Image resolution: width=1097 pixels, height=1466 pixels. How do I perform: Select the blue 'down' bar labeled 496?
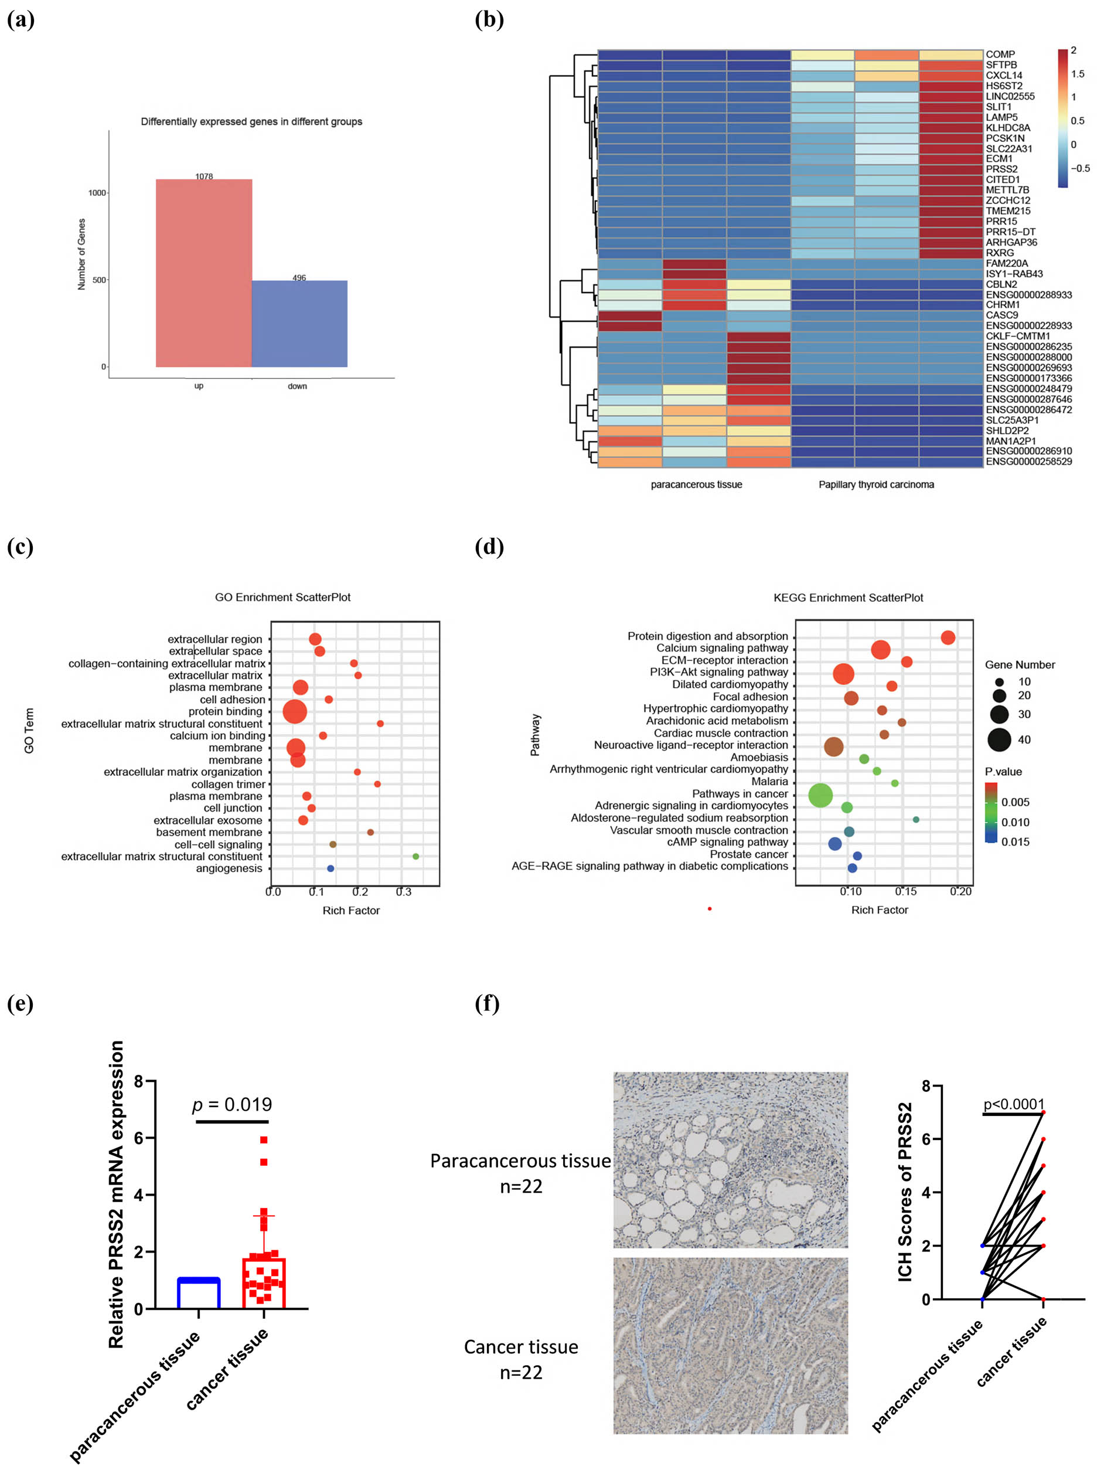pyautogui.click(x=299, y=324)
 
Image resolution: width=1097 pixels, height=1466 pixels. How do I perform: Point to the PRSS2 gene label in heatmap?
pyautogui.click(x=1001, y=169)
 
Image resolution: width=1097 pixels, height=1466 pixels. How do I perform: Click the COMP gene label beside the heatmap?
pyautogui.click(x=1000, y=55)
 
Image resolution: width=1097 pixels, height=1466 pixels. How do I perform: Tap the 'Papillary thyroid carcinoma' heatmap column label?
pyautogui.click(x=875, y=484)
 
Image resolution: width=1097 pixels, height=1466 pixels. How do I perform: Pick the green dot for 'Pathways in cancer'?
pyautogui.click(x=820, y=795)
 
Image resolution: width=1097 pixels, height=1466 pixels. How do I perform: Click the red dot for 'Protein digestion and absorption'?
pyautogui.click(x=948, y=637)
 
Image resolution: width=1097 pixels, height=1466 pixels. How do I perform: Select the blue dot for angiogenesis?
pyautogui.click(x=331, y=868)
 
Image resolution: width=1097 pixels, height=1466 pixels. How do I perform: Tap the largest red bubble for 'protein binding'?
pyautogui.click(x=295, y=712)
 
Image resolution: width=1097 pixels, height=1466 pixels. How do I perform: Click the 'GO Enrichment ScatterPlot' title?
pyautogui.click(x=282, y=597)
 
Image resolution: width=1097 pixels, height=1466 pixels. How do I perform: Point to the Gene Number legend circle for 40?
pyautogui.click(x=1000, y=739)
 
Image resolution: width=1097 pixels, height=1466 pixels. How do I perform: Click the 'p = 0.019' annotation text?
pyautogui.click(x=232, y=1104)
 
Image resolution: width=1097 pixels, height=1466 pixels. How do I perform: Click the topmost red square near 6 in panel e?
pyautogui.click(x=264, y=1140)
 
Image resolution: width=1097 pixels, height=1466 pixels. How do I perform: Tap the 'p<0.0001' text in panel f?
pyautogui.click(x=1014, y=1104)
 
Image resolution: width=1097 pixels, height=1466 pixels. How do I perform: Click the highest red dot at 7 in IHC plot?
pyautogui.click(x=1043, y=1112)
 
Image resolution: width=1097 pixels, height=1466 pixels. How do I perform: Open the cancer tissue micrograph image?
pyautogui.click(x=730, y=1345)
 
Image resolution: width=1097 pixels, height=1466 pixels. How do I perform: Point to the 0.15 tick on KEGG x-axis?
pyautogui.click(x=905, y=891)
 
